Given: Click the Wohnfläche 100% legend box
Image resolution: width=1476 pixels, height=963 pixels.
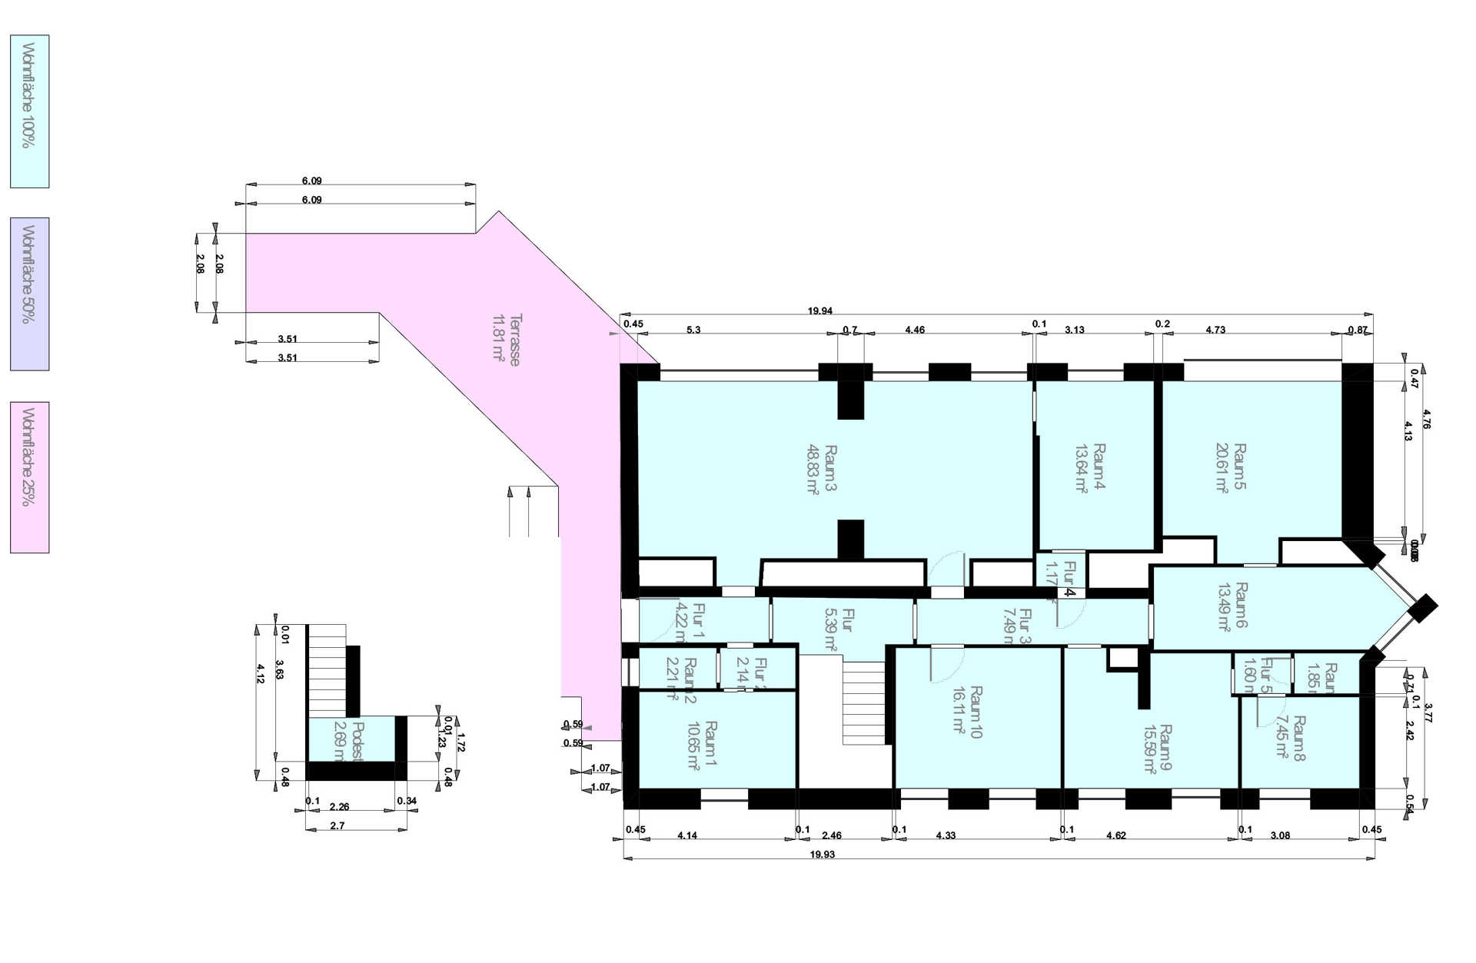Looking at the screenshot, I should pos(29,111).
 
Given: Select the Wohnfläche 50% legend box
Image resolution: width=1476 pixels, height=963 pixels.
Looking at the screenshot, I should pos(29,294).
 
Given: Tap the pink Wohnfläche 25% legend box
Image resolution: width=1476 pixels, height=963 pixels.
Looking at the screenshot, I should pos(29,477).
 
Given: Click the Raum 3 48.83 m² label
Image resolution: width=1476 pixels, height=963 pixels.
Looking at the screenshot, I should pos(821,469).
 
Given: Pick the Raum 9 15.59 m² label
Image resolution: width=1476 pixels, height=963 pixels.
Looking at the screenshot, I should pos(1157,749).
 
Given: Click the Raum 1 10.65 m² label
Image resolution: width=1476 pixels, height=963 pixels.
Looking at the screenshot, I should pos(701,745).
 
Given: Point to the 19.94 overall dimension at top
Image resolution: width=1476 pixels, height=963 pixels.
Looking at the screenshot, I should pos(819,311).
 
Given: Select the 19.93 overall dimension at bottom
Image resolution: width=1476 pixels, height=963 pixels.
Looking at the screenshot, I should pos(822,854).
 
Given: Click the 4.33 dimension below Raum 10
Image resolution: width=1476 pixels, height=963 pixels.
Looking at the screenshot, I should pos(946,835).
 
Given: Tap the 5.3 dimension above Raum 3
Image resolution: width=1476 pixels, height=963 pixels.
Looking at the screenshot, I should pos(693,330).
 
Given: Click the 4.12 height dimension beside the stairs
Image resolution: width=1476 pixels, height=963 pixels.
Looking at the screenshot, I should pos(260,673).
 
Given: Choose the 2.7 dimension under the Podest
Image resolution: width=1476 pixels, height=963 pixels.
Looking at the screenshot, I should pos(337,825).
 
